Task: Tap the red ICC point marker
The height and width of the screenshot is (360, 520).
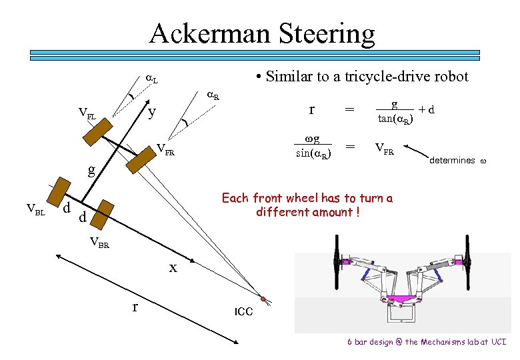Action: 263,297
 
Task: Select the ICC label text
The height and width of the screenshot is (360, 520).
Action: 243,311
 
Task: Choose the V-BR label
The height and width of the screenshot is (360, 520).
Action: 99,242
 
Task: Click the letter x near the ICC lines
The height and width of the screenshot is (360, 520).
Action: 173,268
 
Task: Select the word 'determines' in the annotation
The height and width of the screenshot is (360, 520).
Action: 452,160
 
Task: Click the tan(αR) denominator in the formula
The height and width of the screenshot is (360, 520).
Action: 395,119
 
